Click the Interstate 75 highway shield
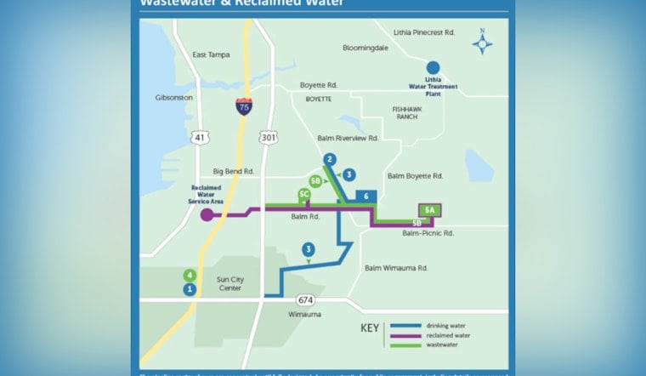point(244,106)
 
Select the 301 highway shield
point(269,137)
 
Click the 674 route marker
point(307,300)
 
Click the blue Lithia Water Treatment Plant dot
point(433,67)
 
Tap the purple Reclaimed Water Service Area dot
point(207,215)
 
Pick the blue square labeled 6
point(365,197)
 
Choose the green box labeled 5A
point(430,209)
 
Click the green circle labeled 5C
point(303,195)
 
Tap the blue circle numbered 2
point(330,158)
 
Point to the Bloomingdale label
point(365,48)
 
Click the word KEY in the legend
point(370,328)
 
